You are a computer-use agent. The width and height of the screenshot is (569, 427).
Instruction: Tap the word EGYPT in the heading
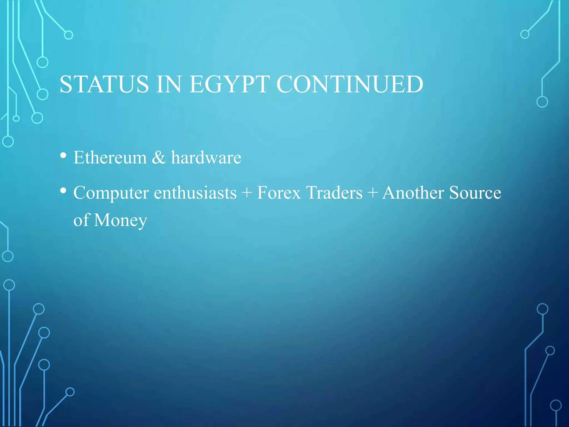pos(229,84)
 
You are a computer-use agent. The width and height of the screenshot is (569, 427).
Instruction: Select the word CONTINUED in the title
pos(350,84)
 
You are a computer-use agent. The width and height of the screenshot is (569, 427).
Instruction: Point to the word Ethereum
pos(110,158)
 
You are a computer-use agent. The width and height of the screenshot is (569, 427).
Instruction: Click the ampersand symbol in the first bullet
pos(159,158)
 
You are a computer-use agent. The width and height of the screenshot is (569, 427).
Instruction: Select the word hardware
pos(206,158)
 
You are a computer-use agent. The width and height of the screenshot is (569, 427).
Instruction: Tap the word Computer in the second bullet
pos(111,193)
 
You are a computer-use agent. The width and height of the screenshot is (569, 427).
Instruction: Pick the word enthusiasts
pos(195,193)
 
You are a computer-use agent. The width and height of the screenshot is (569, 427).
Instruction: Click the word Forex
pos(279,193)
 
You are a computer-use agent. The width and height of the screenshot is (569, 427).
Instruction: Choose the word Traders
pos(334,193)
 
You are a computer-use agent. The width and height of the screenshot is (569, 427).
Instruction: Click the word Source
pos(475,193)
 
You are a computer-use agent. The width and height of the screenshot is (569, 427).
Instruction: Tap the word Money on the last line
pos(120,220)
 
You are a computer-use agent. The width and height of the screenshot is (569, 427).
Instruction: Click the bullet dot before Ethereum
pos(63,155)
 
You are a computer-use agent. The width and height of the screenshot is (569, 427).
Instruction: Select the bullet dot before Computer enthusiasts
pos(63,191)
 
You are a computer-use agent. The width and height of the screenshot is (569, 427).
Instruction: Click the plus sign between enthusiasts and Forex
pos(247,193)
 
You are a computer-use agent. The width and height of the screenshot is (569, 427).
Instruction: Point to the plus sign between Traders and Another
pos(373,193)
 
